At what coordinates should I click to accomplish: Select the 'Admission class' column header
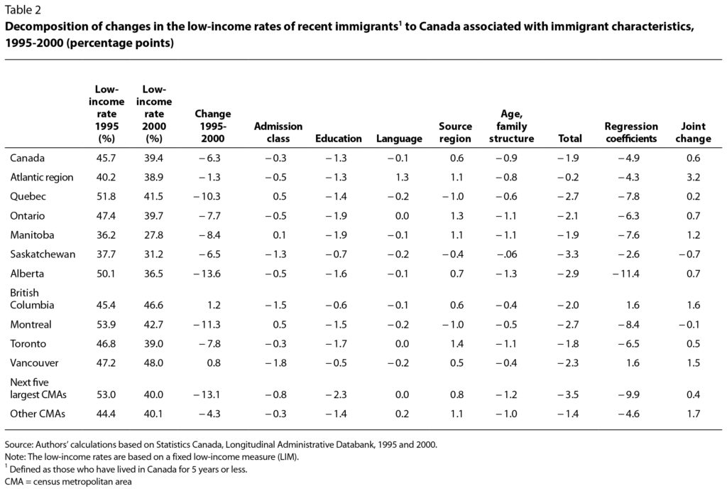pyautogui.click(x=278, y=132)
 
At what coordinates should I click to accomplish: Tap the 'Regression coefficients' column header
pyautogui.click(x=630, y=132)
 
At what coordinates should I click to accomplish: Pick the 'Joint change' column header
pyautogui.click(x=693, y=132)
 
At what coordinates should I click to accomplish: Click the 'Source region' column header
pyautogui.click(x=455, y=132)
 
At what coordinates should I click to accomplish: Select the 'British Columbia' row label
pyautogui.click(x=33, y=298)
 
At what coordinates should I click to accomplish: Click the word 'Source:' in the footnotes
pyautogui.click(x=19, y=444)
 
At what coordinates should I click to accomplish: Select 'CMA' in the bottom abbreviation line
pyautogui.click(x=15, y=481)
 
